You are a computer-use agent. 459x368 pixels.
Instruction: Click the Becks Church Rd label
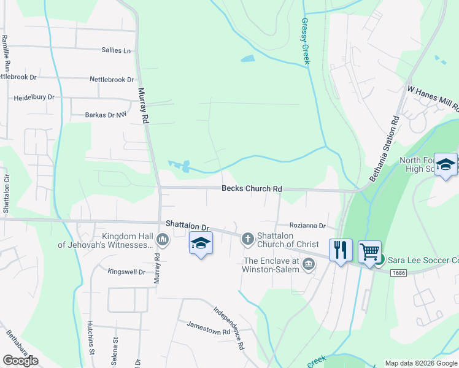click(252, 189)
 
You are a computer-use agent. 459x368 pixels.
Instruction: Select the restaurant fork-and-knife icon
click(341, 250)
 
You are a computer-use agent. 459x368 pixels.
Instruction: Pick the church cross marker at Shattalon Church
click(248, 239)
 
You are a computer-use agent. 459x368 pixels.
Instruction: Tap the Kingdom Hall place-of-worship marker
click(163, 239)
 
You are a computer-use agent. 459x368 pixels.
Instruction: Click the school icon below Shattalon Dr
click(201, 243)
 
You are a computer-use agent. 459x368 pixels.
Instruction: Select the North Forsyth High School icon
click(446, 164)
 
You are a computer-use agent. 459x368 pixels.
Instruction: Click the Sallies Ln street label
click(118, 50)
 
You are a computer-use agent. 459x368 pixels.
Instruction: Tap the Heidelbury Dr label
click(34, 98)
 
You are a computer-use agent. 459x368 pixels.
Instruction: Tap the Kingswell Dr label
click(126, 272)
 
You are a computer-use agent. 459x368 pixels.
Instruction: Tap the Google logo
click(20, 361)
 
